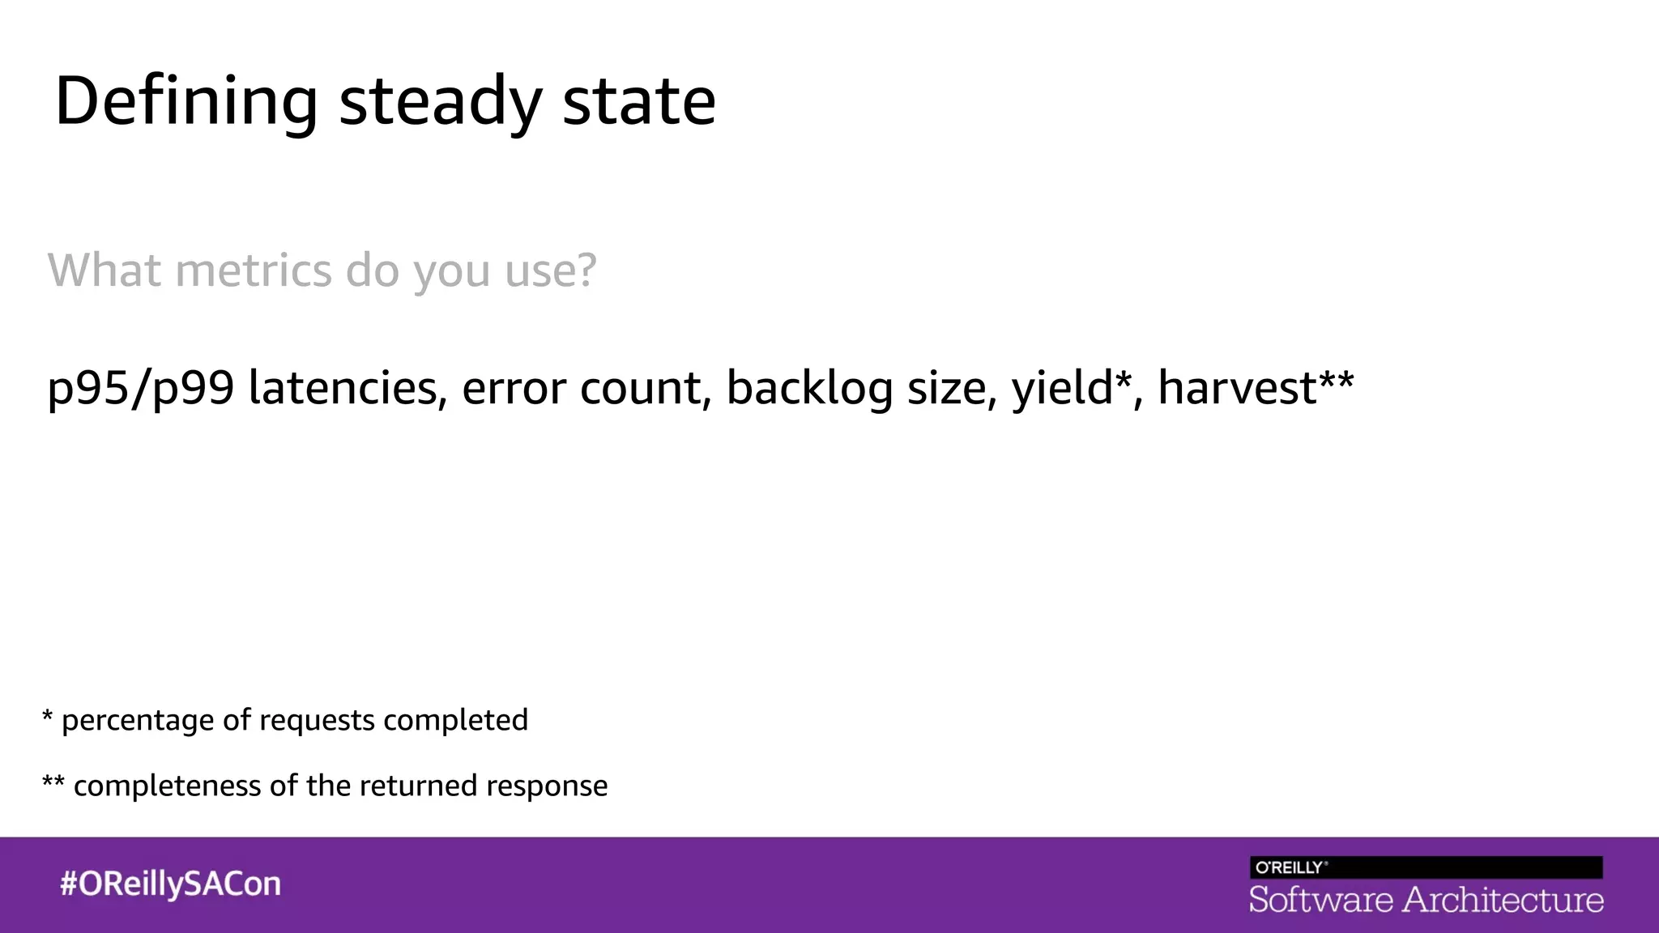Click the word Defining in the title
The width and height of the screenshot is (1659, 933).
186,101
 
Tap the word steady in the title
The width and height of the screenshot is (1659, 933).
440,101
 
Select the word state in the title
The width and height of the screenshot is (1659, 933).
639,101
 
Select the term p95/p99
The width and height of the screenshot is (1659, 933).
141,388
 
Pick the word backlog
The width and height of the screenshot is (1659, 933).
809,388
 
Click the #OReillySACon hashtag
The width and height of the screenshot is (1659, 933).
170,884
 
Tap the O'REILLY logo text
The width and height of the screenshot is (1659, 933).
1291,867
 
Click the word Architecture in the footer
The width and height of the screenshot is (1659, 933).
1503,900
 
